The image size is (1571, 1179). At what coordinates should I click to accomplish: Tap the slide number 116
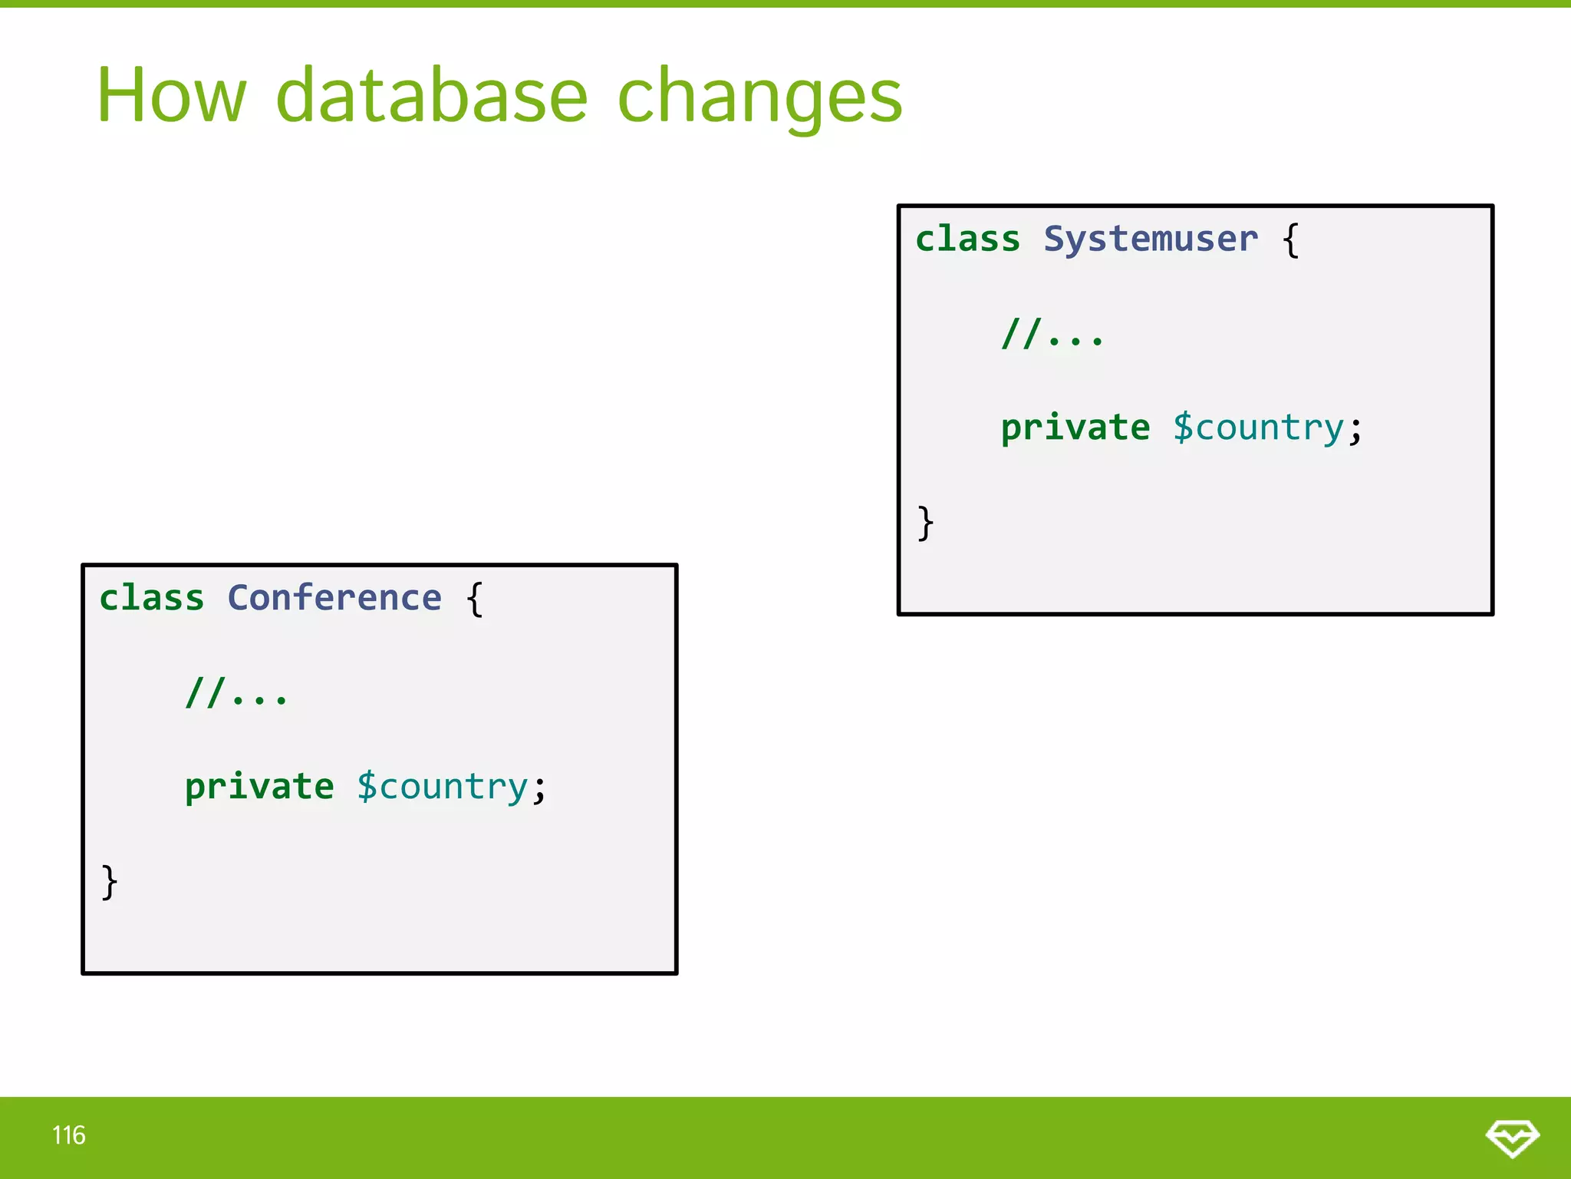tap(69, 1135)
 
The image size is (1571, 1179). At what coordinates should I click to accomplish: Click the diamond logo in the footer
tap(1512, 1138)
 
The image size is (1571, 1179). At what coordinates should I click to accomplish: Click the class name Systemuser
tap(1151, 239)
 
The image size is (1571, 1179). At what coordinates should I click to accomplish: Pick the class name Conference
tap(334, 598)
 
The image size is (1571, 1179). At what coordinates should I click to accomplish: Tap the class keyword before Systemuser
tap(968, 239)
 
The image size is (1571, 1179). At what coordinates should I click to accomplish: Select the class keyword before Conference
tap(152, 598)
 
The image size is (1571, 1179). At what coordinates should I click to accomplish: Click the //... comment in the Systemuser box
tap(1052, 334)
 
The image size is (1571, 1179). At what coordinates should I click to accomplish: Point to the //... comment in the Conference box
tap(236, 693)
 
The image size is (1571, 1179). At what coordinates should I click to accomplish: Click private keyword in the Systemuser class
tap(1075, 428)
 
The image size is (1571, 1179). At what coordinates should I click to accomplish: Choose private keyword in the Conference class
tap(259, 787)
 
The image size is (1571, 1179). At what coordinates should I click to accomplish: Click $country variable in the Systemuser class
tap(1258, 428)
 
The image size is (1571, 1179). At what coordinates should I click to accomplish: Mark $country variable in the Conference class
tap(443, 787)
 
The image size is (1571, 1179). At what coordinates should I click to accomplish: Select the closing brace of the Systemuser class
tap(926, 523)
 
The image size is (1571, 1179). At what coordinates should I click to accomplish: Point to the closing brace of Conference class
tap(110, 882)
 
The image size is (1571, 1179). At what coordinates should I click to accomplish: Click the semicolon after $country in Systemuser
tap(1355, 430)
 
